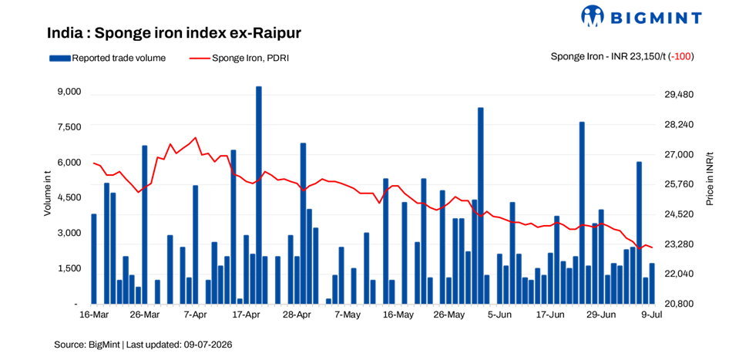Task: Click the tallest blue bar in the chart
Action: tap(258, 195)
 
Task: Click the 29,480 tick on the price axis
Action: tap(677, 95)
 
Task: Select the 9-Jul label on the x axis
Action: tap(652, 315)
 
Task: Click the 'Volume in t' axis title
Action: tap(48, 197)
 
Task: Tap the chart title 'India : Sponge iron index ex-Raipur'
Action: tap(174, 34)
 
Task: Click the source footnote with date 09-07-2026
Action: tap(143, 345)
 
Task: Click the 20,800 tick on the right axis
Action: tap(677, 304)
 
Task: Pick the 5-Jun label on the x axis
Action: tap(499, 315)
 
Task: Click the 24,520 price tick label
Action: tap(677, 214)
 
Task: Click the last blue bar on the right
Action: tap(652, 284)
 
